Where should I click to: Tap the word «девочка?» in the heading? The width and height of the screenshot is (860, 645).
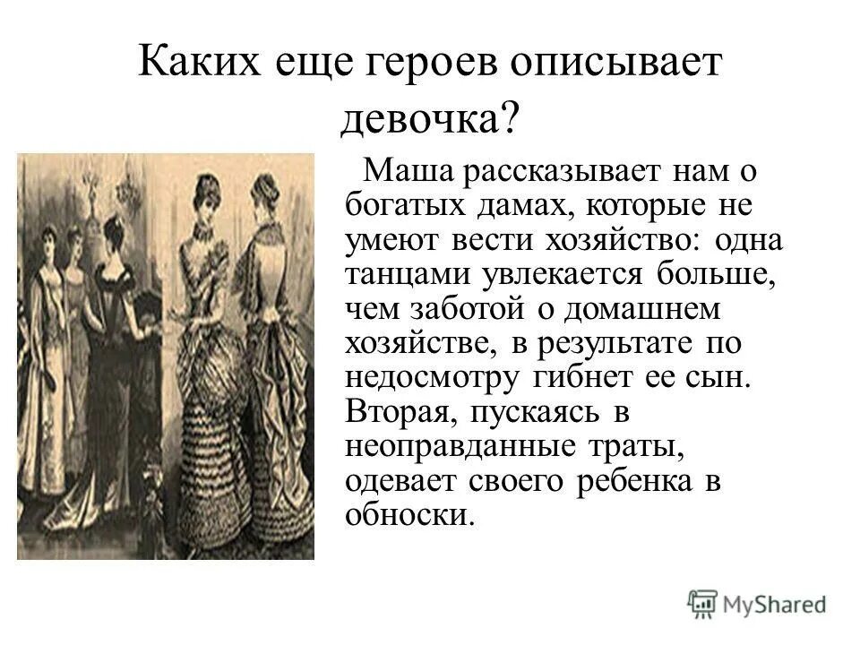429,116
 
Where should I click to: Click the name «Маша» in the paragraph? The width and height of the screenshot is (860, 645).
408,171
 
